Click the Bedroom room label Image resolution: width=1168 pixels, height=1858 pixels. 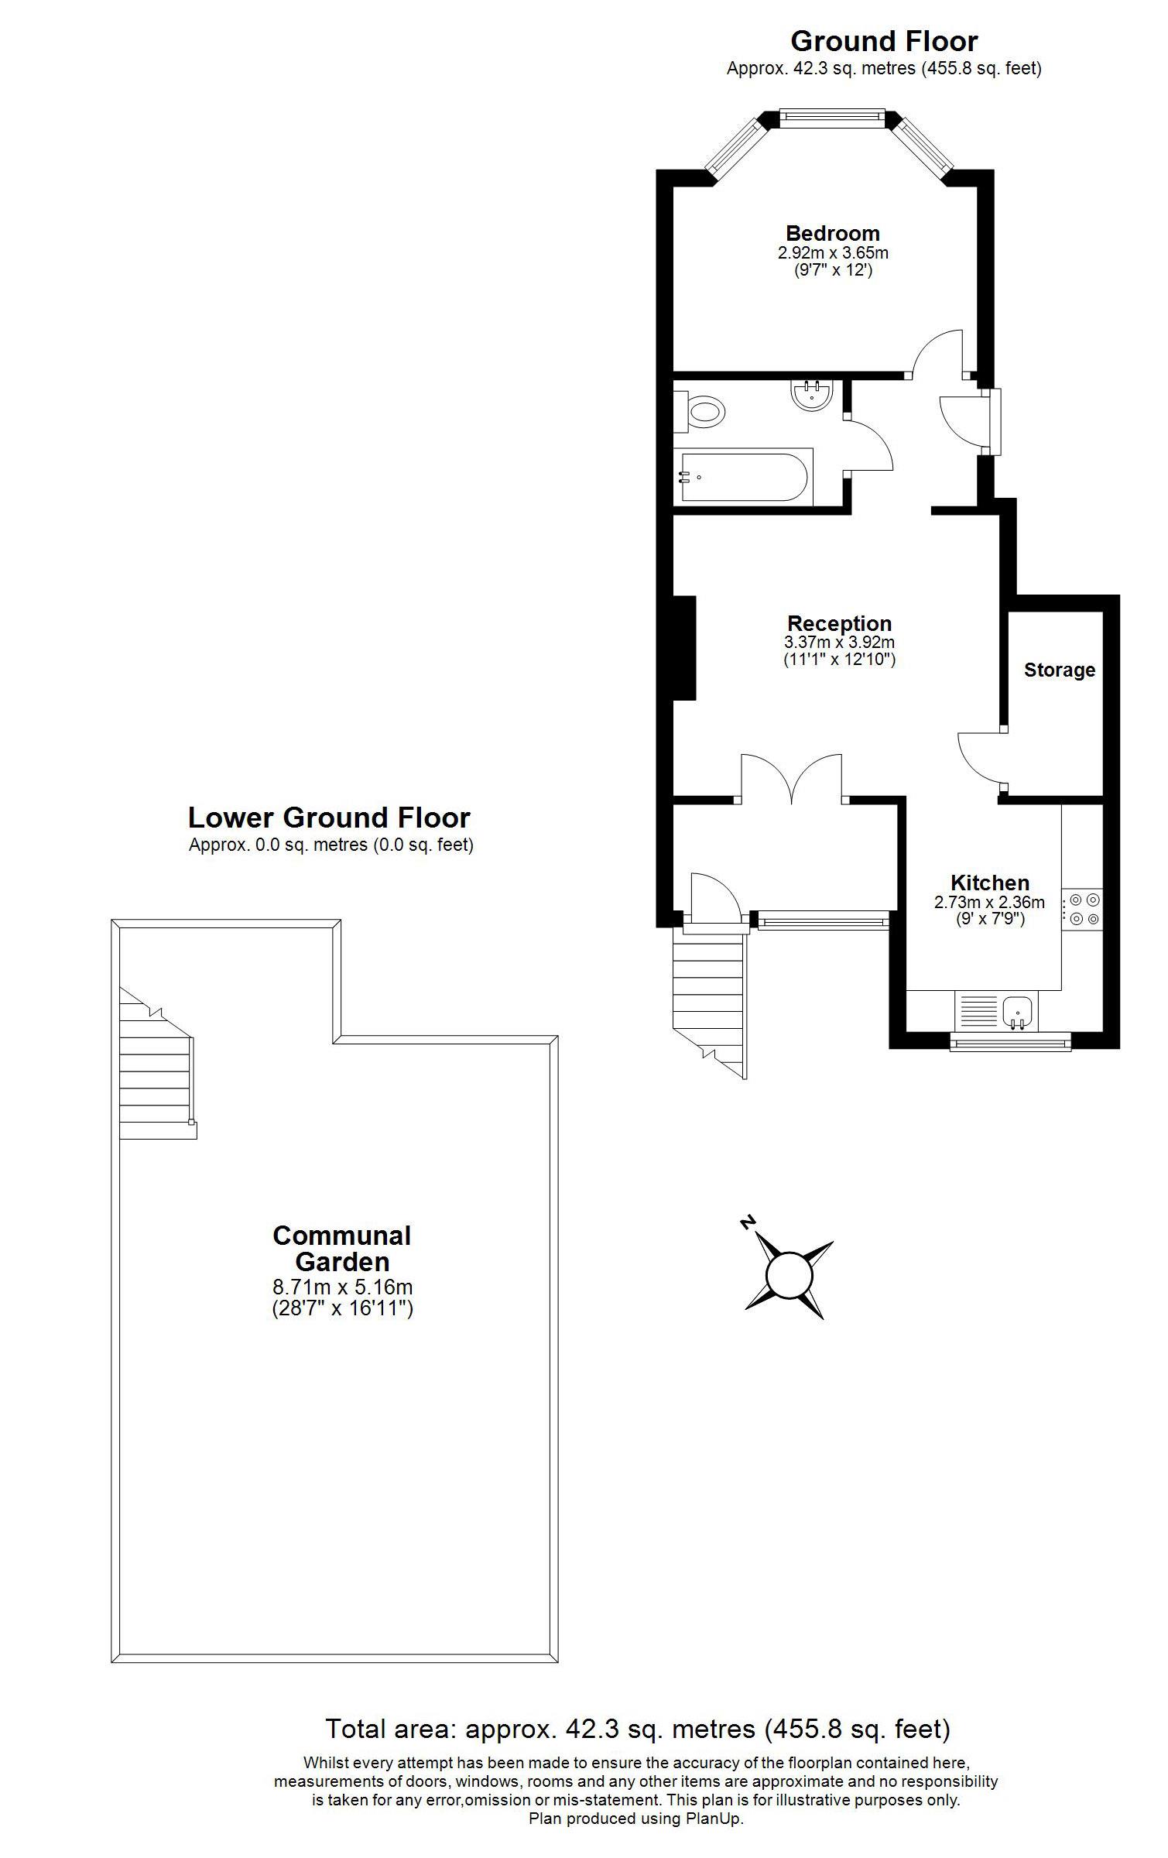(x=832, y=233)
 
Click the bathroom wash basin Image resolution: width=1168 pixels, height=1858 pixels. (x=811, y=394)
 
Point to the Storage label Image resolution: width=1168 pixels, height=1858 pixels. (x=1059, y=670)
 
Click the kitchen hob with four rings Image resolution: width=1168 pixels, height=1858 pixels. (x=1082, y=910)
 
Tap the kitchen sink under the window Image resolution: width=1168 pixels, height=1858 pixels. (x=1018, y=1010)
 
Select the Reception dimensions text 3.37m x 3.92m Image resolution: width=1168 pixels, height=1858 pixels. (x=839, y=643)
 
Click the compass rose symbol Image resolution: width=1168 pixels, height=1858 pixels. (x=789, y=1274)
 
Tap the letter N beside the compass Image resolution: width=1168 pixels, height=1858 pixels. (x=747, y=1222)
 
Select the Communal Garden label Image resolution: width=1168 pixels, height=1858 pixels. (x=341, y=1248)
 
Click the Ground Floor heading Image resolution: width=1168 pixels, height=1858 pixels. (x=883, y=40)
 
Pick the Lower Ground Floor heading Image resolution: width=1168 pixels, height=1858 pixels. (x=329, y=818)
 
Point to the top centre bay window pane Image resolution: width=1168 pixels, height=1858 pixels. (x=831, y=117)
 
